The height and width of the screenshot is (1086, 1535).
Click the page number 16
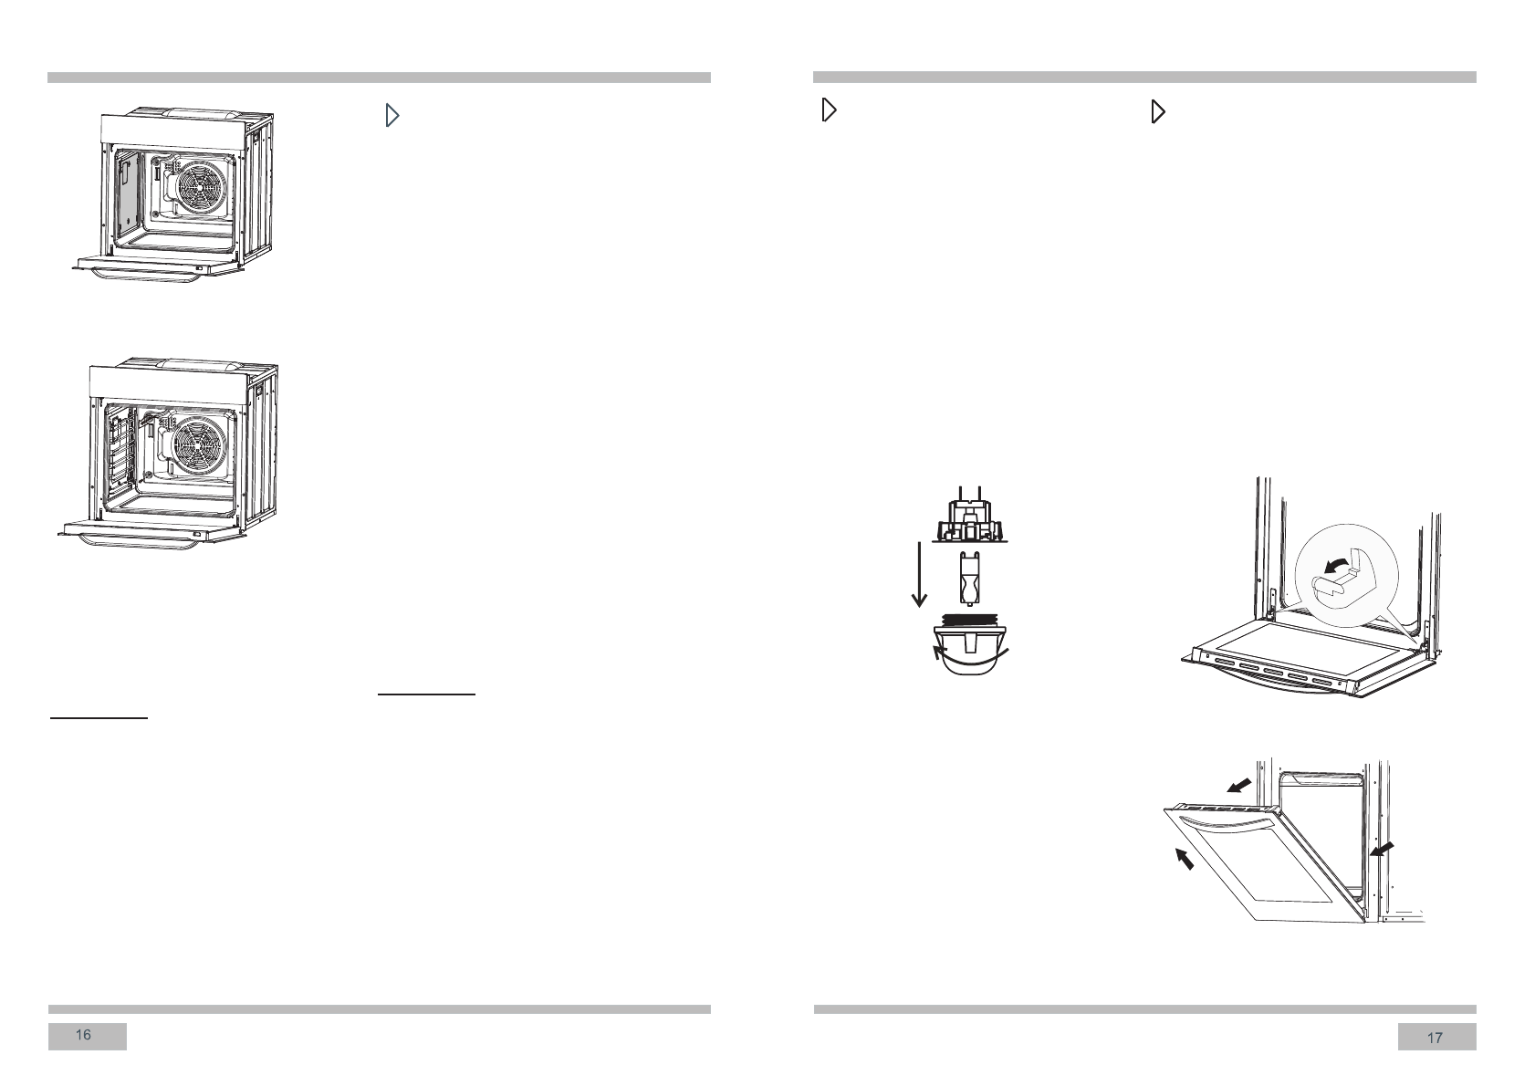pyautogui.click(x=84, y=1035)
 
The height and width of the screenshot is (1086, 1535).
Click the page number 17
pyautogui.click(x=1435, y=1038)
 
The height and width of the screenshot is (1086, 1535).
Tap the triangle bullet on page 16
pyautogui.click(x=392, y=116)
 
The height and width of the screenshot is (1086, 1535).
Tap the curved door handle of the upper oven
pyautogui.click(x=137, y=277)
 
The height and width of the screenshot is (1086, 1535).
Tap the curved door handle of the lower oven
pyautogui.click(x=137, y=540)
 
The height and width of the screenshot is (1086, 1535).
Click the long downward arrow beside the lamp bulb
pyautogui.click(x=919, y=575)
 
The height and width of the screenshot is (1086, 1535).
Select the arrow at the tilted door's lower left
pyautogui.click(x=1184, y=859)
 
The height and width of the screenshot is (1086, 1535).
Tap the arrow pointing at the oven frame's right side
pyautogui.click(x=1382, y=850)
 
